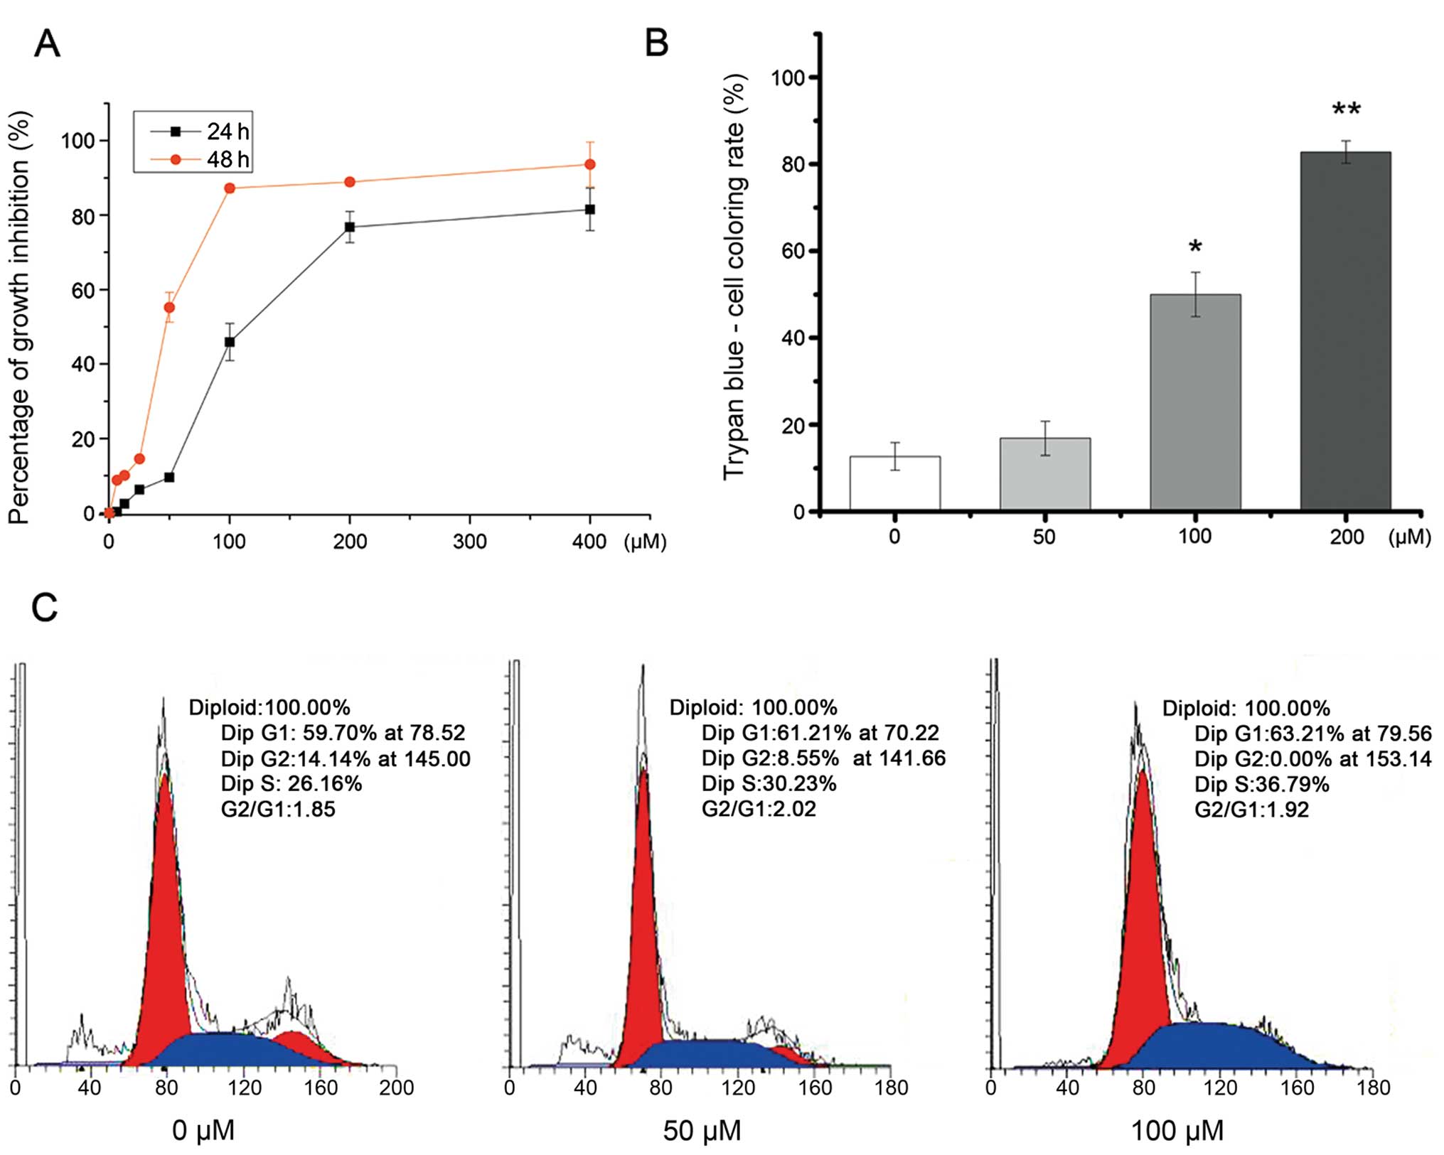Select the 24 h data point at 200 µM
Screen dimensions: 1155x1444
coord(350,227)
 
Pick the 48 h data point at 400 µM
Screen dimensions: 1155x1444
coord(589,164)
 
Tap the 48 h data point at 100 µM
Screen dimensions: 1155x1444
coord(230,188)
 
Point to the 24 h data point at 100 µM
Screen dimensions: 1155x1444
coord(230,342)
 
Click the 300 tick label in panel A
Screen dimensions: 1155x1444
coord(470,542)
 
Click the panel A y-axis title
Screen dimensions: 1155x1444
coord(20,318)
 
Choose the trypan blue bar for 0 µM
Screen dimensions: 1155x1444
coord(894,483)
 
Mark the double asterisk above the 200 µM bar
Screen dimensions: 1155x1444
coord(1346,110)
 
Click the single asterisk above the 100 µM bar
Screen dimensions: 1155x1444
coord(1195,247)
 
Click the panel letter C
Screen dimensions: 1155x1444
coord(45,608)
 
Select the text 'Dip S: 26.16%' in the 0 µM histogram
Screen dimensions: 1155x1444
coord(292,784)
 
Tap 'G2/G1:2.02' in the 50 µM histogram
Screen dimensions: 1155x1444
coord(759,809)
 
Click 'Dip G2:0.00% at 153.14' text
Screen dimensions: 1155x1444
coord(1312,759)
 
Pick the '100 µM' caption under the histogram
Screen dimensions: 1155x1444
coord(1177,1130)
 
